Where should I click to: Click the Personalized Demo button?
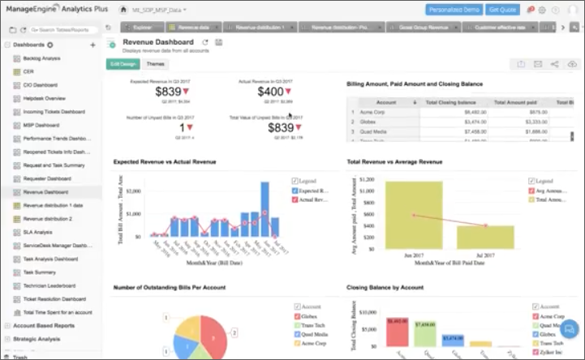click(454, 10)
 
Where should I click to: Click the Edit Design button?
click(123, 63)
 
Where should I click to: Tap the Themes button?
click(155, 63)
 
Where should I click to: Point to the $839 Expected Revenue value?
click(167, 92)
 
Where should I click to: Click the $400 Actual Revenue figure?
click(270, 92)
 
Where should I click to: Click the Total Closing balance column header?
click(455, 102)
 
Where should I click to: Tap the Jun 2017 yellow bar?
click(414, 214)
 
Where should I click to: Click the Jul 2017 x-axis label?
click(485, 254)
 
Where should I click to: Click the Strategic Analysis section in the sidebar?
click(37, 338)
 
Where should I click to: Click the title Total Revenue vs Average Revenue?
click(394, 161)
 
